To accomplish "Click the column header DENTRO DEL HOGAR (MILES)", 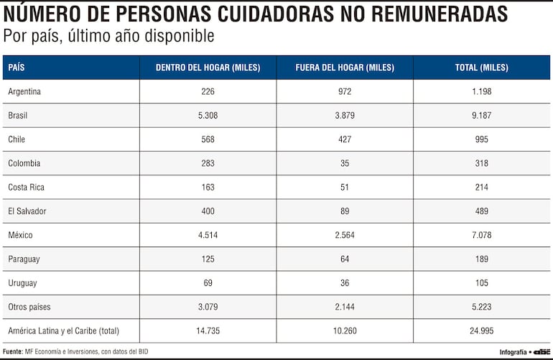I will (x=208, y=68).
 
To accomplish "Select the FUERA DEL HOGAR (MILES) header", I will (x=345, y=68).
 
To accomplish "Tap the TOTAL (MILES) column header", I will (x=481, y=68).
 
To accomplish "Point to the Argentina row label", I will (x=24, y=91).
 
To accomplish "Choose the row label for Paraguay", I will (x=24, y=259).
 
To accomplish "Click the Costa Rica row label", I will (x=26, y=187).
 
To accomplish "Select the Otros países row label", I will (x=30, y=307).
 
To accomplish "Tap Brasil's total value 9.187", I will (x=481, y=115).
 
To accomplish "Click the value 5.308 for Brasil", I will (x=208, y=115).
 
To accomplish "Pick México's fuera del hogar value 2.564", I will (x=345, y=235).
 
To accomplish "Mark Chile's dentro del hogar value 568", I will (x=208, y=139).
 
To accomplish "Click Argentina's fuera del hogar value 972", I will (x=345, y=91).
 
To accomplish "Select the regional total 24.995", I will (x=481, y=331).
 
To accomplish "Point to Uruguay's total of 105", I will (x=481, y=283).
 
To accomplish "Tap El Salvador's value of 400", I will (x=208, y=211).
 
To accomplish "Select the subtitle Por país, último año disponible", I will (x=108, y=36).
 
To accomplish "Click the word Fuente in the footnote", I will (x=13, y=351).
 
